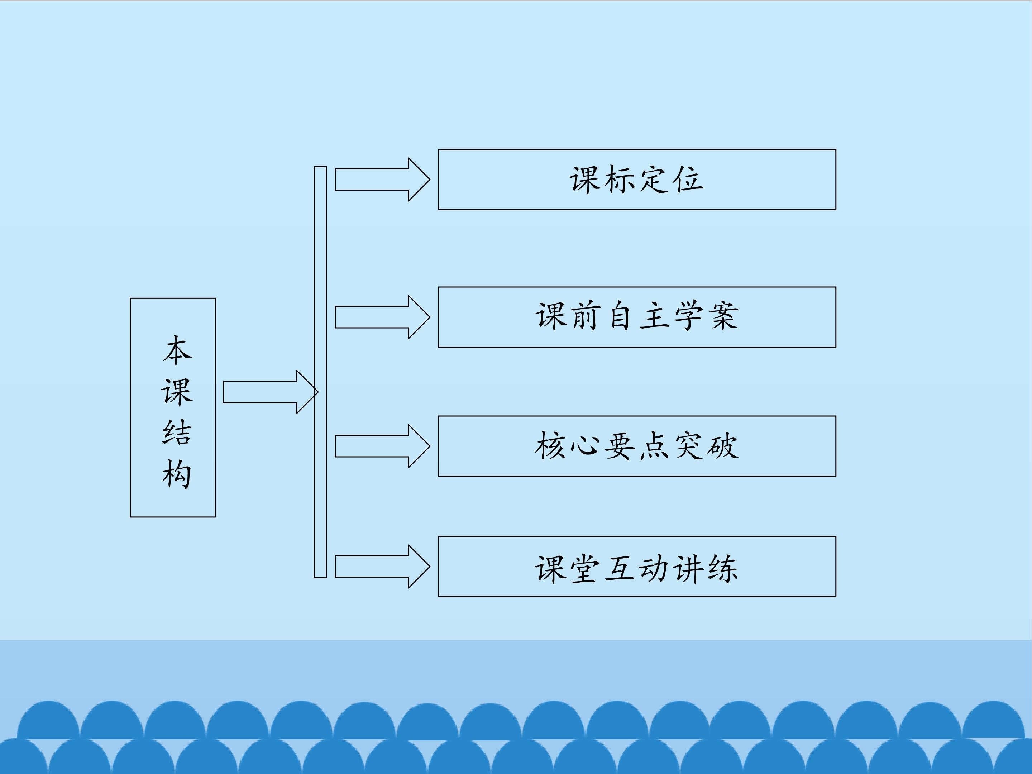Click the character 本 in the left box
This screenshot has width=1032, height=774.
pyautogui.click(x=177, y=351)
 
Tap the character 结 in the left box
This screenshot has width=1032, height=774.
pyautogui.click(x=177, y=432)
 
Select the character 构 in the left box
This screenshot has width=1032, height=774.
pyautogui.click(x=177, y=474)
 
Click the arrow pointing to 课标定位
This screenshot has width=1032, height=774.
pyautogui.click(x=382, y=180)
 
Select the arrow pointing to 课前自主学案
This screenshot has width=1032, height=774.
pyautogui.click(x=382, y=317)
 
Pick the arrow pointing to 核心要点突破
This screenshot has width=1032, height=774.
pyautogui.click(x=382, y=446)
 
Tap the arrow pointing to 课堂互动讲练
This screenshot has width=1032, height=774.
pyautogui.click(x=382, y=567)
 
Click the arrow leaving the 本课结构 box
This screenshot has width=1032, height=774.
pyautogui.click(x=270, y=392)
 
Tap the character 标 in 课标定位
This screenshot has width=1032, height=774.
pyautogui.click(x=620, y=180)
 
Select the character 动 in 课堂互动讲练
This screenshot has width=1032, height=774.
pyautogui.click(x=654, y=569)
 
